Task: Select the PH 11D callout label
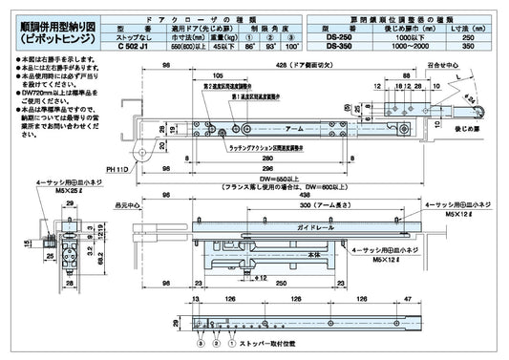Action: (118, 168)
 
